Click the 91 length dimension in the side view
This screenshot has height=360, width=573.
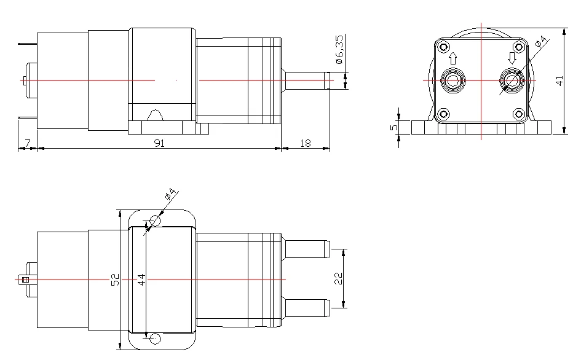(x=159, y=143)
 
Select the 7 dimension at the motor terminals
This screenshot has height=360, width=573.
(x=26, y=143)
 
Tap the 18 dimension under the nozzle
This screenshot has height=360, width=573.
(x=306, y=143)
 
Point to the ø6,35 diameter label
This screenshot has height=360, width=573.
(x=339, y=50)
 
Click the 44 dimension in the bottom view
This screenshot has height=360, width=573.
(x=142, y=280)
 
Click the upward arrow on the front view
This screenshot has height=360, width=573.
(x=454, y=58)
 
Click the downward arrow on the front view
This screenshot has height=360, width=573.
(x=511, y=58)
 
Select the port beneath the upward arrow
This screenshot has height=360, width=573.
(x=454, y=80)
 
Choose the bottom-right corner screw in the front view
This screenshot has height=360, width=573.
(x=519, y=114)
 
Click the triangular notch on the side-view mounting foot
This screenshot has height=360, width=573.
(x=156, y=115)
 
